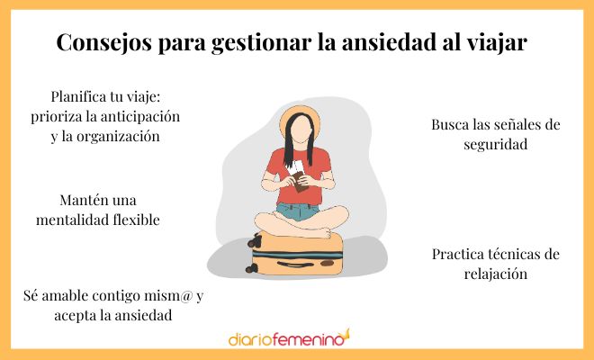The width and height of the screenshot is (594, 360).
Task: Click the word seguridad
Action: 495,144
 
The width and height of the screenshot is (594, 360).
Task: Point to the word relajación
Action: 495,274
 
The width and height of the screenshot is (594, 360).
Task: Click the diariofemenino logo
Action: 288,339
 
